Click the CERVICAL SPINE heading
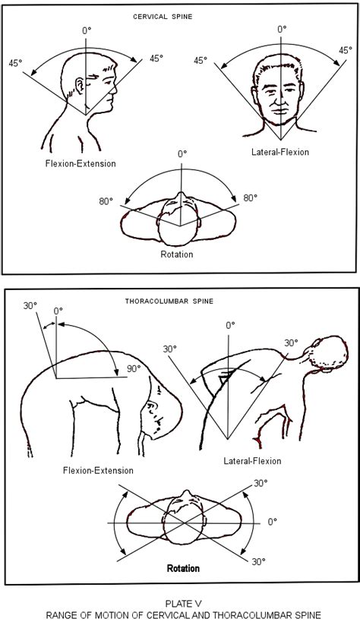163,17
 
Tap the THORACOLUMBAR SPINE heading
169,301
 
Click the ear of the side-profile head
80,85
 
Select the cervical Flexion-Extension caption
81,163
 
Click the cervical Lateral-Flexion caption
280,152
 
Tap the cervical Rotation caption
177,254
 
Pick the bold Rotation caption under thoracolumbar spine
183,568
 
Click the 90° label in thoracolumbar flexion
134,368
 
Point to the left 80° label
106,201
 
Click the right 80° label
250,198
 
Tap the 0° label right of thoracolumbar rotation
272,522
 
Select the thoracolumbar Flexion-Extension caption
98,470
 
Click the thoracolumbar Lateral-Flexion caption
252,461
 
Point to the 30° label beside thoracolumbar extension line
30,306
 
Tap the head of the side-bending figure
328,355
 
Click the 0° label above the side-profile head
87,30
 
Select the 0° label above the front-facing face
282,29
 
